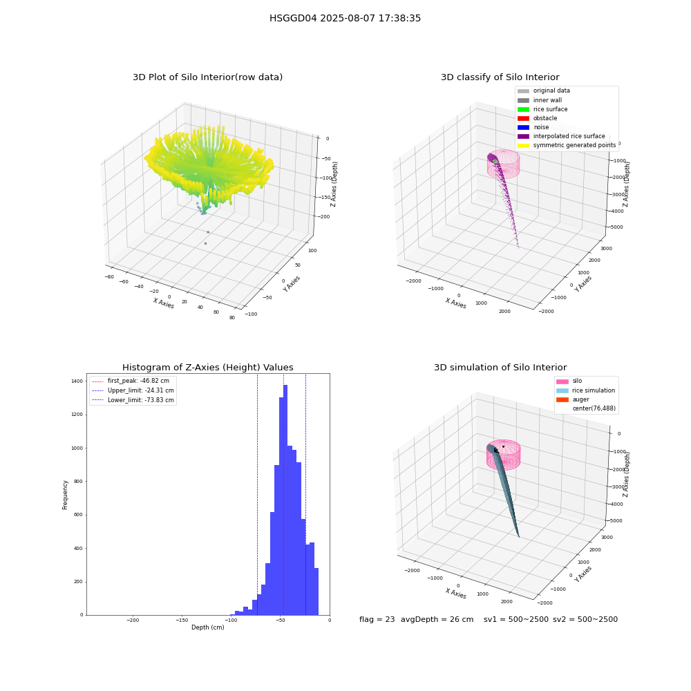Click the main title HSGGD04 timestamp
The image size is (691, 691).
click(x=345, y=19)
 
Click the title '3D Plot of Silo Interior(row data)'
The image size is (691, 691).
click(x=207, y=77)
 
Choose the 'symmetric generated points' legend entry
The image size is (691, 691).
click(x=567, y=145)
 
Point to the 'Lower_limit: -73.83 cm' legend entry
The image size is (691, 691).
click(x=133, y=400)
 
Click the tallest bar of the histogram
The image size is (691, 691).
click(x=285, y=500)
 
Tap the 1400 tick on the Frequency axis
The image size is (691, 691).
click(x=77, y=381)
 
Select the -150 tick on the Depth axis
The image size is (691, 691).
click(x=182, y=620)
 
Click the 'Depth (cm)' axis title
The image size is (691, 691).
click(x=208, y=627)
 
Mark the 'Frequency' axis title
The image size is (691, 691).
click(x=65, y=495)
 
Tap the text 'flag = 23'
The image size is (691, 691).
click(x=377, y=620)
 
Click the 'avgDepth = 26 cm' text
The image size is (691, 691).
click(x=437, y=620)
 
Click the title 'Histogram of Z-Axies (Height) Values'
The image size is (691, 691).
click(x=207, y=368)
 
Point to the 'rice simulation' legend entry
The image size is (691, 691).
click(x=586, y=390)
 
